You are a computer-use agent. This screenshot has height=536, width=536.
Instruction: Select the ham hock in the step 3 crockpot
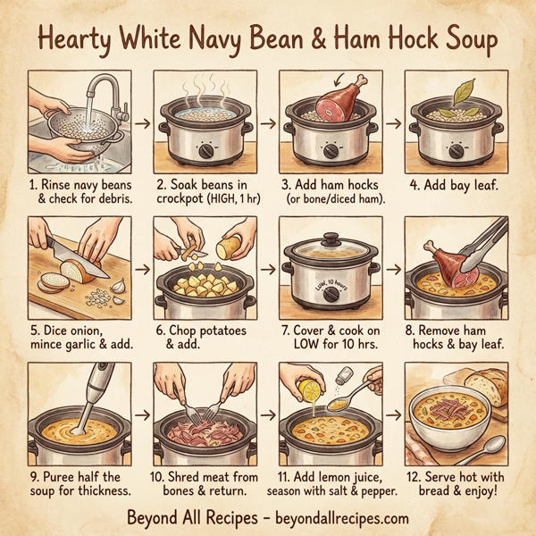coord(326,97)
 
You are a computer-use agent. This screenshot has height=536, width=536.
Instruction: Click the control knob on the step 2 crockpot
coord(207,151)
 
